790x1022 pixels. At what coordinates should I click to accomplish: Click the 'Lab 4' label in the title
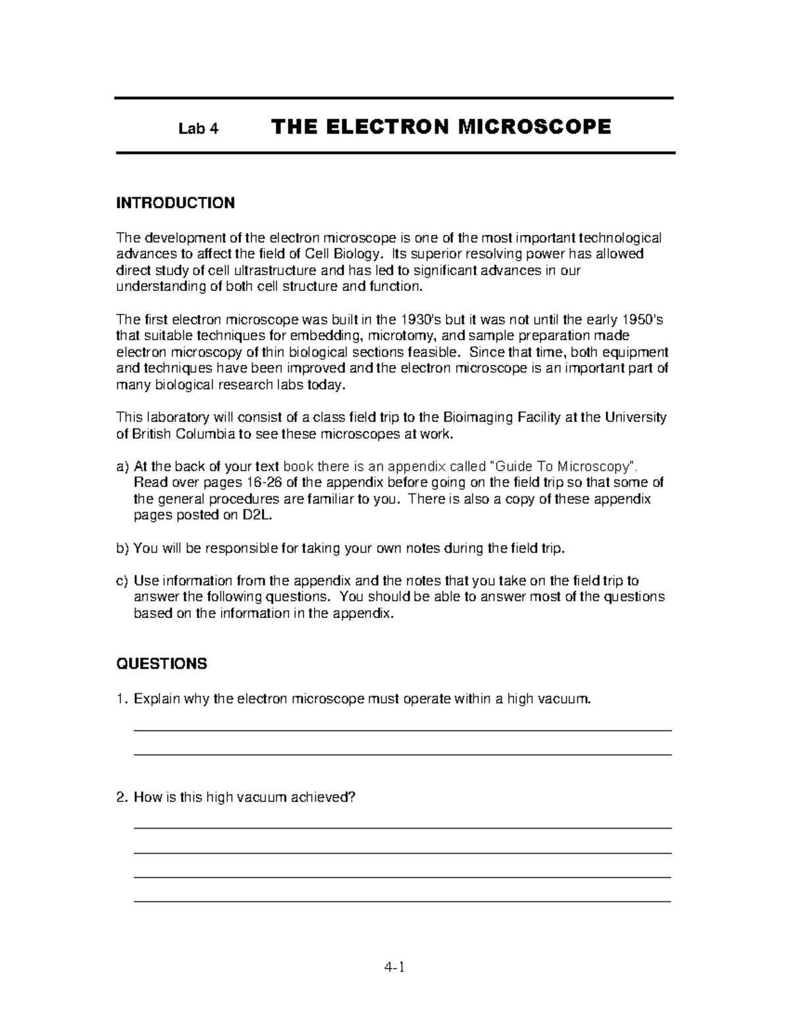tap(198, 128)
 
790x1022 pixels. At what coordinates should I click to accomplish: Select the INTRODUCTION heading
tap(175, 203)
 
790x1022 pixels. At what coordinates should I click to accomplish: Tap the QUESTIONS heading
tap(161, 663)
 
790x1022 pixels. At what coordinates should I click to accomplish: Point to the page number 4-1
tap(395, 967)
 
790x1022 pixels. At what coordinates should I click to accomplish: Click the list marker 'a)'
tap(123, 467)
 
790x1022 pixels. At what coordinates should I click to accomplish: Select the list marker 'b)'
tap(123, 548)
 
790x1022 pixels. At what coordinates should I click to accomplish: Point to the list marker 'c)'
tap(123, 580)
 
